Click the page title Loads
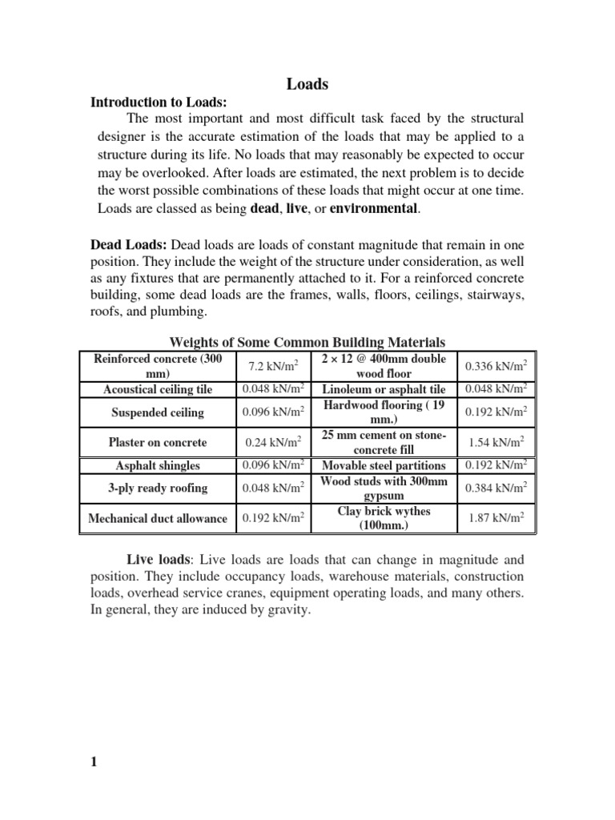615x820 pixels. click(307, 83)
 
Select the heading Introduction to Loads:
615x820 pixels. click(159, 102)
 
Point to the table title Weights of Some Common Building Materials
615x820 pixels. click(307, 342)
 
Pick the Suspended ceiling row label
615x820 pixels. click(157, 413)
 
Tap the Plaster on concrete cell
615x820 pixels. click(157, 442)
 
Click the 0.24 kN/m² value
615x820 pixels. click(272, 442)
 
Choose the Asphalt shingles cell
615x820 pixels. click(157, 465)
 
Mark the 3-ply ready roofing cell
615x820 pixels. click(157, 488)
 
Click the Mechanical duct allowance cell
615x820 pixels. click(157, 518)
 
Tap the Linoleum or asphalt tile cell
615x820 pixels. click(384, 389)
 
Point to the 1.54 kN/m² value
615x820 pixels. click(496, 442)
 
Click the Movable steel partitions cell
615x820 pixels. click(384, 465)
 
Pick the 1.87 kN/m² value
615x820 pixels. click(496, 518)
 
